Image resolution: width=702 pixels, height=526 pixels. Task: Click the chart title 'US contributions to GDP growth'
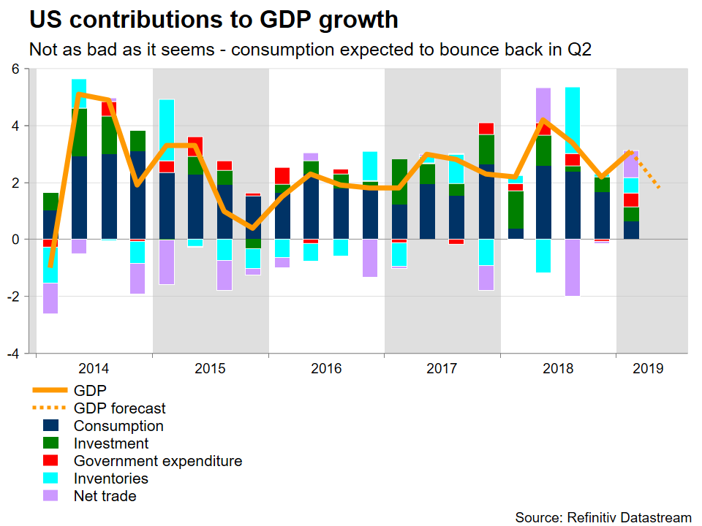(x=214, y=20)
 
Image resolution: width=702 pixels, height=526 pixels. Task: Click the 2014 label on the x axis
(x=94, y=368)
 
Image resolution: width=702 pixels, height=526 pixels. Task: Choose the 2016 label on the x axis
(x=326, y=368)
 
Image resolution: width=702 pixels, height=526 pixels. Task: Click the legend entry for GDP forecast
(x=120, y=408)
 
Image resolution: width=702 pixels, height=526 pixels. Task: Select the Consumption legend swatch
(x=51, y=426)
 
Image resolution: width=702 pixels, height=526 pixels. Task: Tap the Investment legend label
(x=111, y=443)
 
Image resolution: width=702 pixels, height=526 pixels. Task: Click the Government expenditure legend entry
(x=157, y=461)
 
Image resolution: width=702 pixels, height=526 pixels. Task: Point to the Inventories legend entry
(x=111, y=479)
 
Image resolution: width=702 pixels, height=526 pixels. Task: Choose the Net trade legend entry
(x=105, y=496)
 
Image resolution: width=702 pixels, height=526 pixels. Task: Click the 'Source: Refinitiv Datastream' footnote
(x=603, y=517)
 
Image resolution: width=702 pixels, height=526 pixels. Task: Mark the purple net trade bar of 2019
(x=631, y=164)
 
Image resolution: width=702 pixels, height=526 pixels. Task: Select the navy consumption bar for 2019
(x=631, y=230)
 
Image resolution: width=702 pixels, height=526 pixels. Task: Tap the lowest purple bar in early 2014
(x=50, y=298)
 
